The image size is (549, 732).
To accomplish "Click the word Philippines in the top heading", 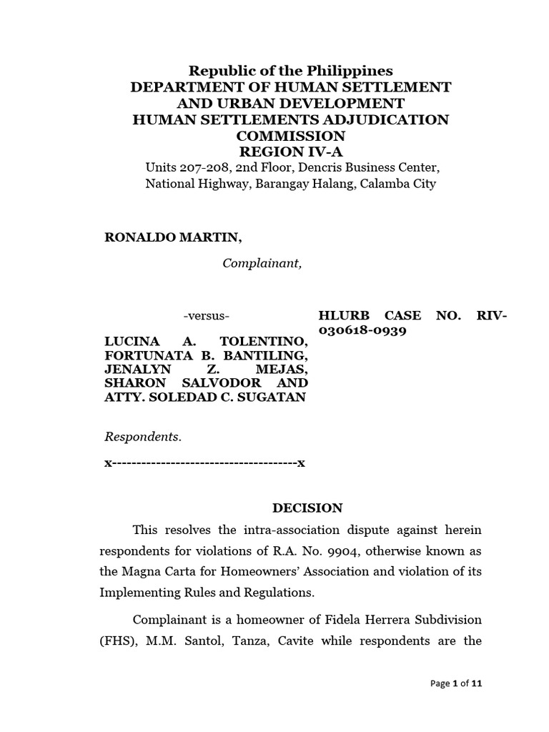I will click(350, 71).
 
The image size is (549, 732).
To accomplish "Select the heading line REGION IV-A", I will click(290, 152).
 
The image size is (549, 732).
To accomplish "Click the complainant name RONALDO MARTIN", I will click(168, 237).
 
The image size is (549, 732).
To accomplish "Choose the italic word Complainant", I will click(262, 264).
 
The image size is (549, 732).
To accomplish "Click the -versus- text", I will click(207, 316).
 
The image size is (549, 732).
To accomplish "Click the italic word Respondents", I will click(143, 436).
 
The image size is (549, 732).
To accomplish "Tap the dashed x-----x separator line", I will click(204, 463).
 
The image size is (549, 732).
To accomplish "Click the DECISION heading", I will click(307, 508).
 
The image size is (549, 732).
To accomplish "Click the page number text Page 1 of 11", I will click(457, 683).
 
